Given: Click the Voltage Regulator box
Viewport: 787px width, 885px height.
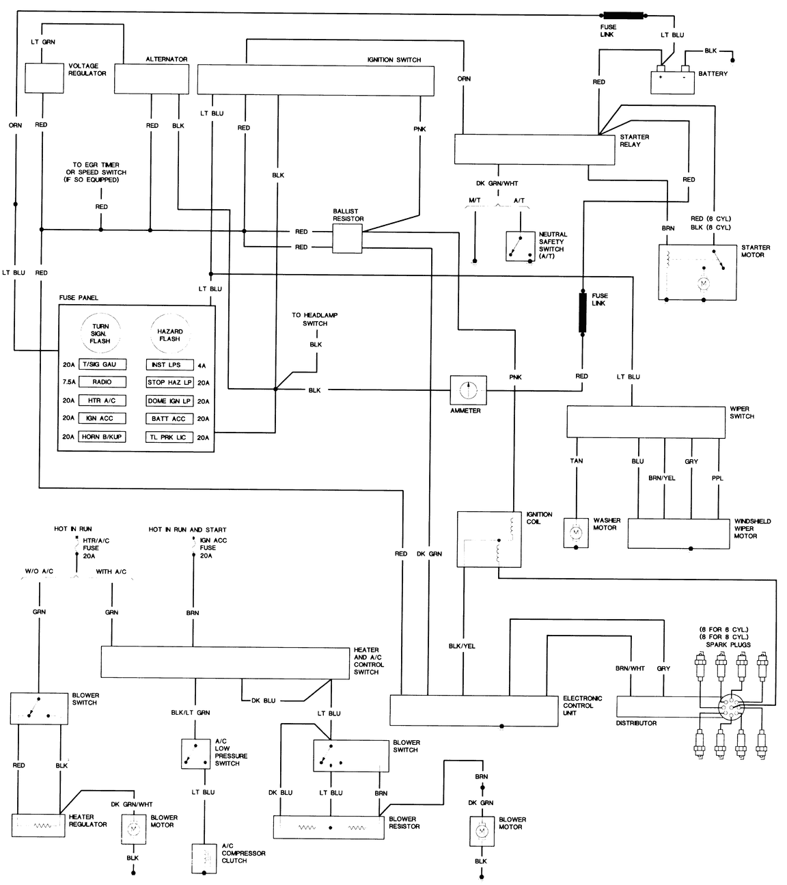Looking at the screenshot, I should (44, 78).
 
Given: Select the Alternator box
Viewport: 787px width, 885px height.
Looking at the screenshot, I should (151, 79).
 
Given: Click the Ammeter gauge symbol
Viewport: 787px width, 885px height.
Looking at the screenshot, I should (468, 390).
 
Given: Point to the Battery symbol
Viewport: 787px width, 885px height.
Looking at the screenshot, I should (672, 80).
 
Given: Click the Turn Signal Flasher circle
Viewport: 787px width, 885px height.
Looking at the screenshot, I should (100, 333).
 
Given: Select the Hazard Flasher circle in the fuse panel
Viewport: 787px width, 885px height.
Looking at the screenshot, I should (169, 333).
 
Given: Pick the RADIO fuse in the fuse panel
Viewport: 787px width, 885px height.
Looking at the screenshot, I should (102, 382).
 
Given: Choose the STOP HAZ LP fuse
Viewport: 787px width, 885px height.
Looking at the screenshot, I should (169, 383).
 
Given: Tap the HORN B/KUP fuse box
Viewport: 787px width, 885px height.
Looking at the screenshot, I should (102, 437).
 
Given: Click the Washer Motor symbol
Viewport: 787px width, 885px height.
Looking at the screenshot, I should (575, 531).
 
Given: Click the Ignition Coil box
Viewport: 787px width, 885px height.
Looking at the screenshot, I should (489, 539).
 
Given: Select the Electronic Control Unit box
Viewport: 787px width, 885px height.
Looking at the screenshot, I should (473, 710).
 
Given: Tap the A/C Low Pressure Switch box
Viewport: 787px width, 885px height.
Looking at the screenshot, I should (195, 753).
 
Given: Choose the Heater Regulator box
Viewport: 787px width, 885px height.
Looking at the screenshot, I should (38, 825).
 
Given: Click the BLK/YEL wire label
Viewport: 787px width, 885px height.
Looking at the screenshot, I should (462, 646).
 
